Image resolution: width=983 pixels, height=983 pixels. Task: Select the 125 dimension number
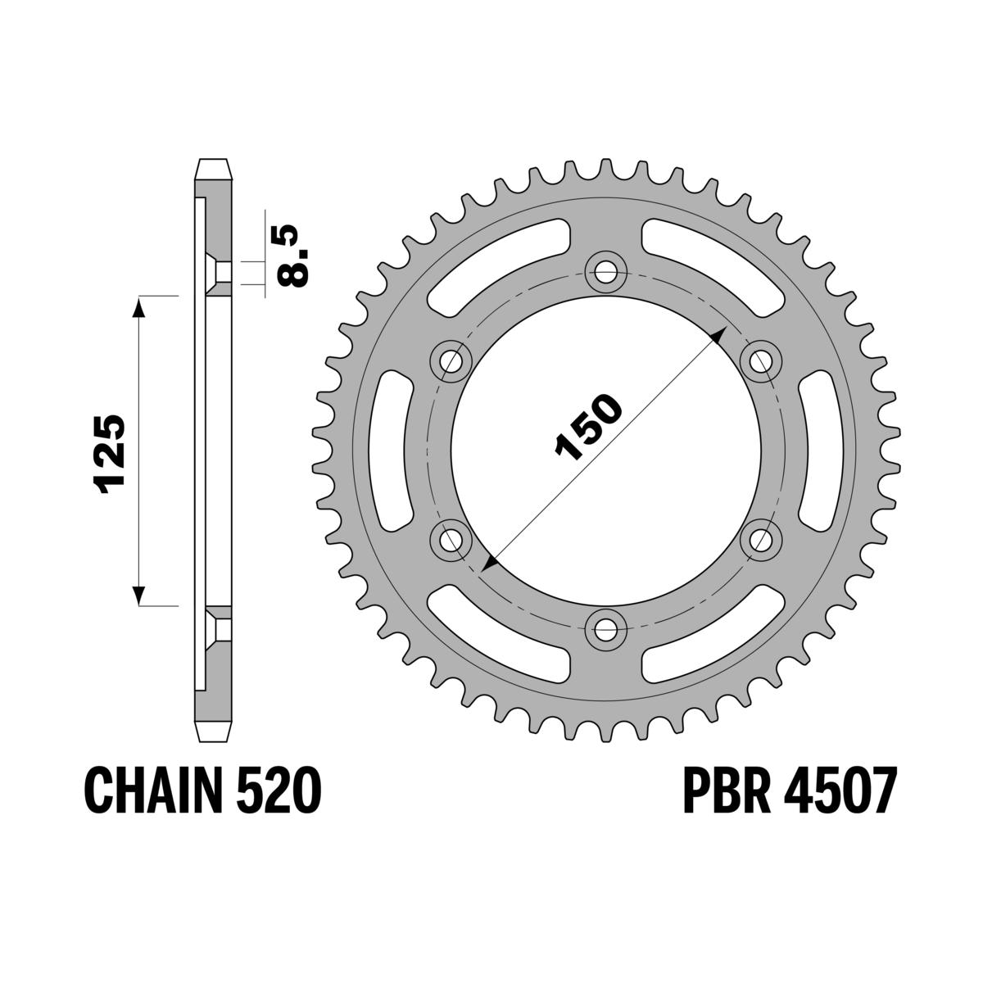click(111, 453)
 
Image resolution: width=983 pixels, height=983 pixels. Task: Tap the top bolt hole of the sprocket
click(606, 271)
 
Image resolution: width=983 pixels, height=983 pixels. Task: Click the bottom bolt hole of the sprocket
click(606, 628)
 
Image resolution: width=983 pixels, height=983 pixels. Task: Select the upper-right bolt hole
click(761, 360)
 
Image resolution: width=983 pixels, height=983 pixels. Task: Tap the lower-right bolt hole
click(761, 539)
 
